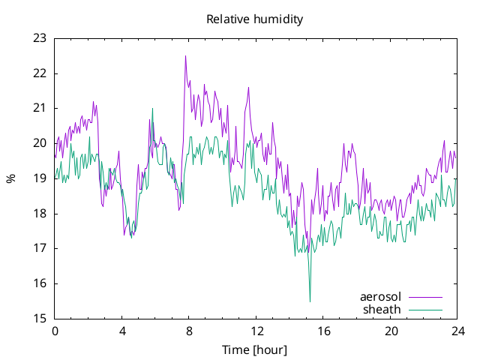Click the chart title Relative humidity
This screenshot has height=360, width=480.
255,19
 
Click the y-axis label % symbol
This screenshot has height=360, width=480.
11,178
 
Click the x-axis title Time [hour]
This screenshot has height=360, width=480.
255,350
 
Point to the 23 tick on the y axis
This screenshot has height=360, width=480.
40,38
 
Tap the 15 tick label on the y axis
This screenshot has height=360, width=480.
40,319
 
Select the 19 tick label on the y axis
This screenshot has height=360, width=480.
40,178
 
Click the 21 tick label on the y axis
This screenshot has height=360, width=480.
40,108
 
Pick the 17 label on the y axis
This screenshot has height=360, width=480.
40,248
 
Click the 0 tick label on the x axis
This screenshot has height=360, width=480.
55,331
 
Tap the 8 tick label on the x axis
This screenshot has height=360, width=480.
189,331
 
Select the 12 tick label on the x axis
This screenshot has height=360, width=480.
256,331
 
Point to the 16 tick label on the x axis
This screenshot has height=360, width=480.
323,331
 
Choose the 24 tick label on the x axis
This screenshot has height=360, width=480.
457,331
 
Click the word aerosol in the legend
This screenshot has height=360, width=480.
380,297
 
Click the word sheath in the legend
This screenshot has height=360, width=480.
382,310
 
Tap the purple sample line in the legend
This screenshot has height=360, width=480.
425,297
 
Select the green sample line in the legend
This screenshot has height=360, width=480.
425,310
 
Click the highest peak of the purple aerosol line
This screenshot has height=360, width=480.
185,56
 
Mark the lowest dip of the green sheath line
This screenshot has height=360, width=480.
310,301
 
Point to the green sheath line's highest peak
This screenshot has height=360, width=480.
152,108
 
